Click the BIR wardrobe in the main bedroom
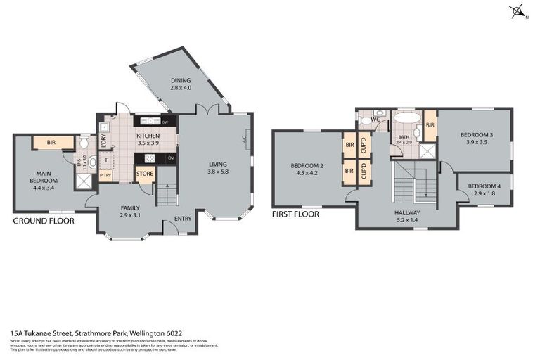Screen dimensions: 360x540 point(52,143)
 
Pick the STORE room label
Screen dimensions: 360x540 point(145,173)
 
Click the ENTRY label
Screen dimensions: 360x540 point(183,218)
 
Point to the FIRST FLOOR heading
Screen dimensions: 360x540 point(295,214)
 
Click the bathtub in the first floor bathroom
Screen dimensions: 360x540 point(404,117)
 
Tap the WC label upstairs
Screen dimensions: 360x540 point(375,120)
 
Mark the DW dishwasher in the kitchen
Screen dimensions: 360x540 point(164,122)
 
